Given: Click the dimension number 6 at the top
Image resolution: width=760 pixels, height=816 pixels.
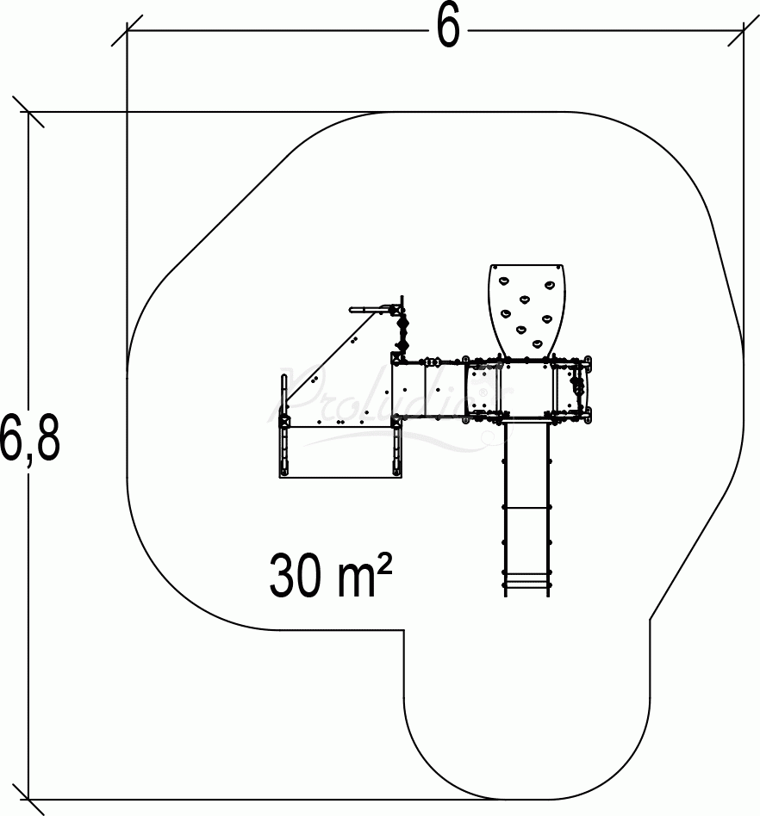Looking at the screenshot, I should [x=447, y=28].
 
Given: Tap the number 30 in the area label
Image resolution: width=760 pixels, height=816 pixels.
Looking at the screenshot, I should [x=295, y=577].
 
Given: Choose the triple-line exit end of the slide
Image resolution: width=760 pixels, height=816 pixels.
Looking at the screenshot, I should [x=526, y=585].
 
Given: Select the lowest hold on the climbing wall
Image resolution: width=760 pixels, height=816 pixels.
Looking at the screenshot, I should [x=537, y=344].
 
